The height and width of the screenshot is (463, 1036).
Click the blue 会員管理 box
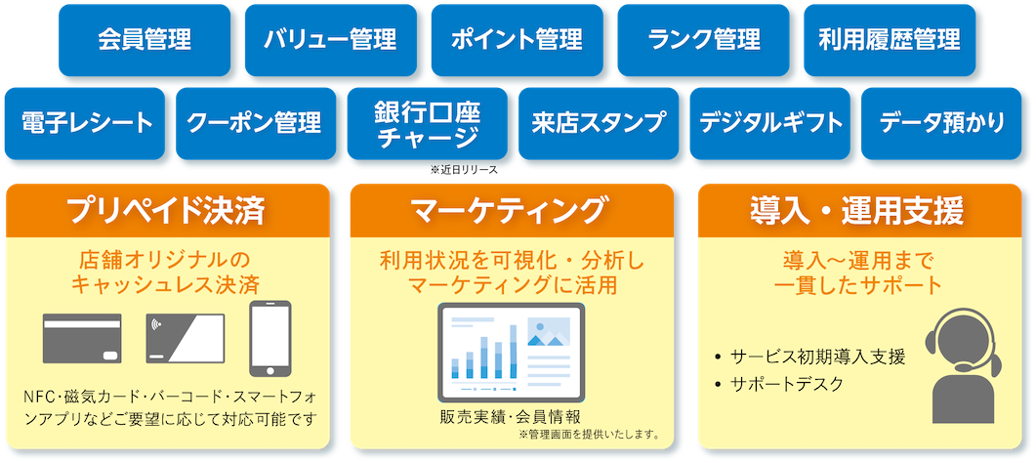coord(145,40)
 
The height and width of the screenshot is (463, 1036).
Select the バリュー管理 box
coord(331,40)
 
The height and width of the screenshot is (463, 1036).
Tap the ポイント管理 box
coord(518,40)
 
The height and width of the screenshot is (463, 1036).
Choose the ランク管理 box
coord(704,40)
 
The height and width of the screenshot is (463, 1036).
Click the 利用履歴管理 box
coord(890,40)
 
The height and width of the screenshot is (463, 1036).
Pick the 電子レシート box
coord(85,123)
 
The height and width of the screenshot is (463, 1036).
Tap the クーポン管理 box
coord(256,123)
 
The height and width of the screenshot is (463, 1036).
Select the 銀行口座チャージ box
coord(428,123)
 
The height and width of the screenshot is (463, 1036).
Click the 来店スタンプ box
coord(599,123)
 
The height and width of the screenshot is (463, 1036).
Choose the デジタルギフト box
coord(770,123)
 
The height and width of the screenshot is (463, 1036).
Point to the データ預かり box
coord(941,123)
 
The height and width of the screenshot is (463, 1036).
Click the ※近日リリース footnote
coord(464,170)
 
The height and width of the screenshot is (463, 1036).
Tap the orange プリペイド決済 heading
coord(168,211)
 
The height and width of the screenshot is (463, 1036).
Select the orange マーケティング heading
coord(512,211)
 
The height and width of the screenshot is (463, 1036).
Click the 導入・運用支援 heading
coord(859,211)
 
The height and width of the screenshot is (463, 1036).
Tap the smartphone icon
coord(270,339)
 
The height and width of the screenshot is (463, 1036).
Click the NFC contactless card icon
coord(186,338)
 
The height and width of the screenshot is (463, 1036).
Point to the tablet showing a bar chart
coord(512,353)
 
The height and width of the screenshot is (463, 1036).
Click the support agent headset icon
coord(964,366)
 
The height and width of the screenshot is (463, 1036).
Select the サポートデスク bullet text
coord(787,385)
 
